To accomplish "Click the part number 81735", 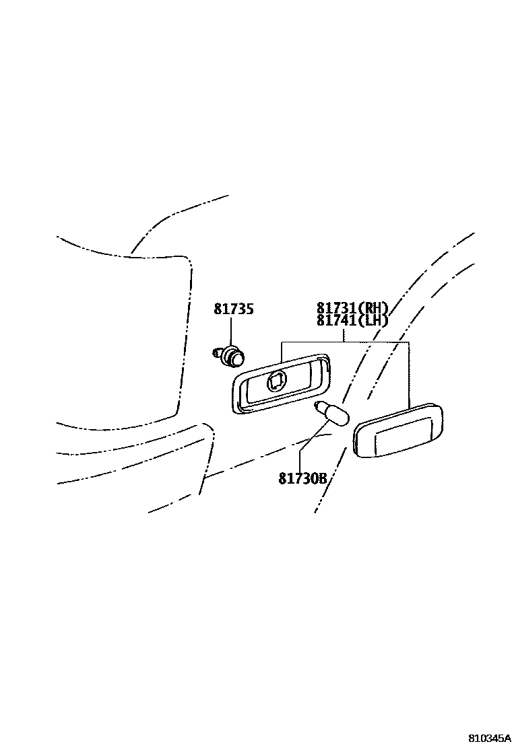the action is tap(234, 309).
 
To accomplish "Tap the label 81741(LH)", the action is tap(352, 320).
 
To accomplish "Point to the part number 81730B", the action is tap(302, 479).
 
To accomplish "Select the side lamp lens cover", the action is tap(397, 431).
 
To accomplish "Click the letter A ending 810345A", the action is tap(507, 738).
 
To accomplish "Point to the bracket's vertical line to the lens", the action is tap(409, 373).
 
